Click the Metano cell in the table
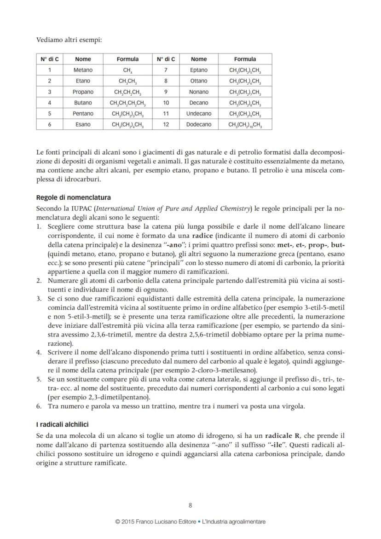83,70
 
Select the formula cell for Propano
127,92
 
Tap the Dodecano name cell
199,124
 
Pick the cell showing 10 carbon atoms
166,103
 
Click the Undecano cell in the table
199,114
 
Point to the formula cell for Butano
127,103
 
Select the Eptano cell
199,70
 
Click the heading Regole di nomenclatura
73,197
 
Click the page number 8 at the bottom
190,505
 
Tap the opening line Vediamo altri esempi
69,40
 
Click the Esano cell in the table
83,124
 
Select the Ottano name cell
199,81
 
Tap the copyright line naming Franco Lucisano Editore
190,522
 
